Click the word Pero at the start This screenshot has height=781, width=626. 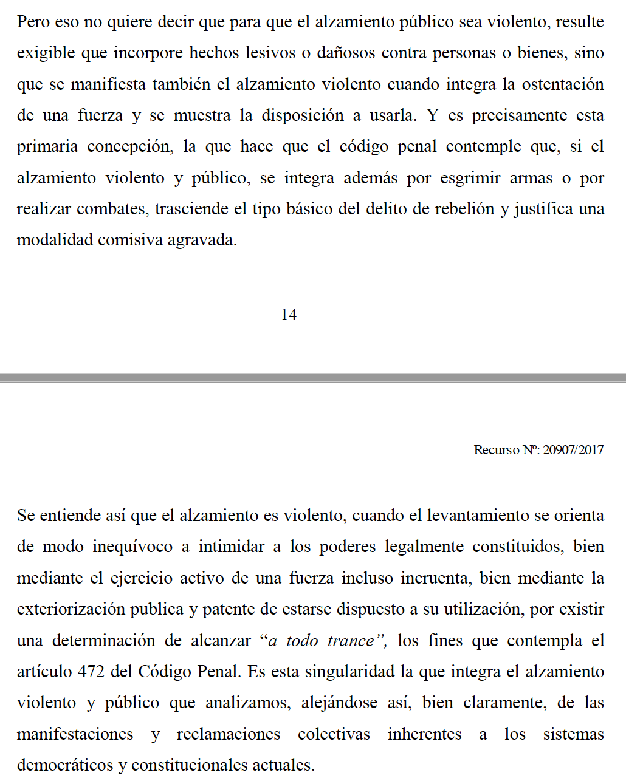tap(33, 22)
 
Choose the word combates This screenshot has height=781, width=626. tap(112, 209)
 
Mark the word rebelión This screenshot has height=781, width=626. tap(466, 209)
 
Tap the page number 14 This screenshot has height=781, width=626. tap(289, 315)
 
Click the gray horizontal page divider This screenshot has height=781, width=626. tap(313, 378)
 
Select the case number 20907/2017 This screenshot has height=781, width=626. tap(573, 450)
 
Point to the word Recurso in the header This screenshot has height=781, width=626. tap(497, 450)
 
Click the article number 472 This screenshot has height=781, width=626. tap(91, 672)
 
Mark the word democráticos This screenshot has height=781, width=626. tap(65, 765)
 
